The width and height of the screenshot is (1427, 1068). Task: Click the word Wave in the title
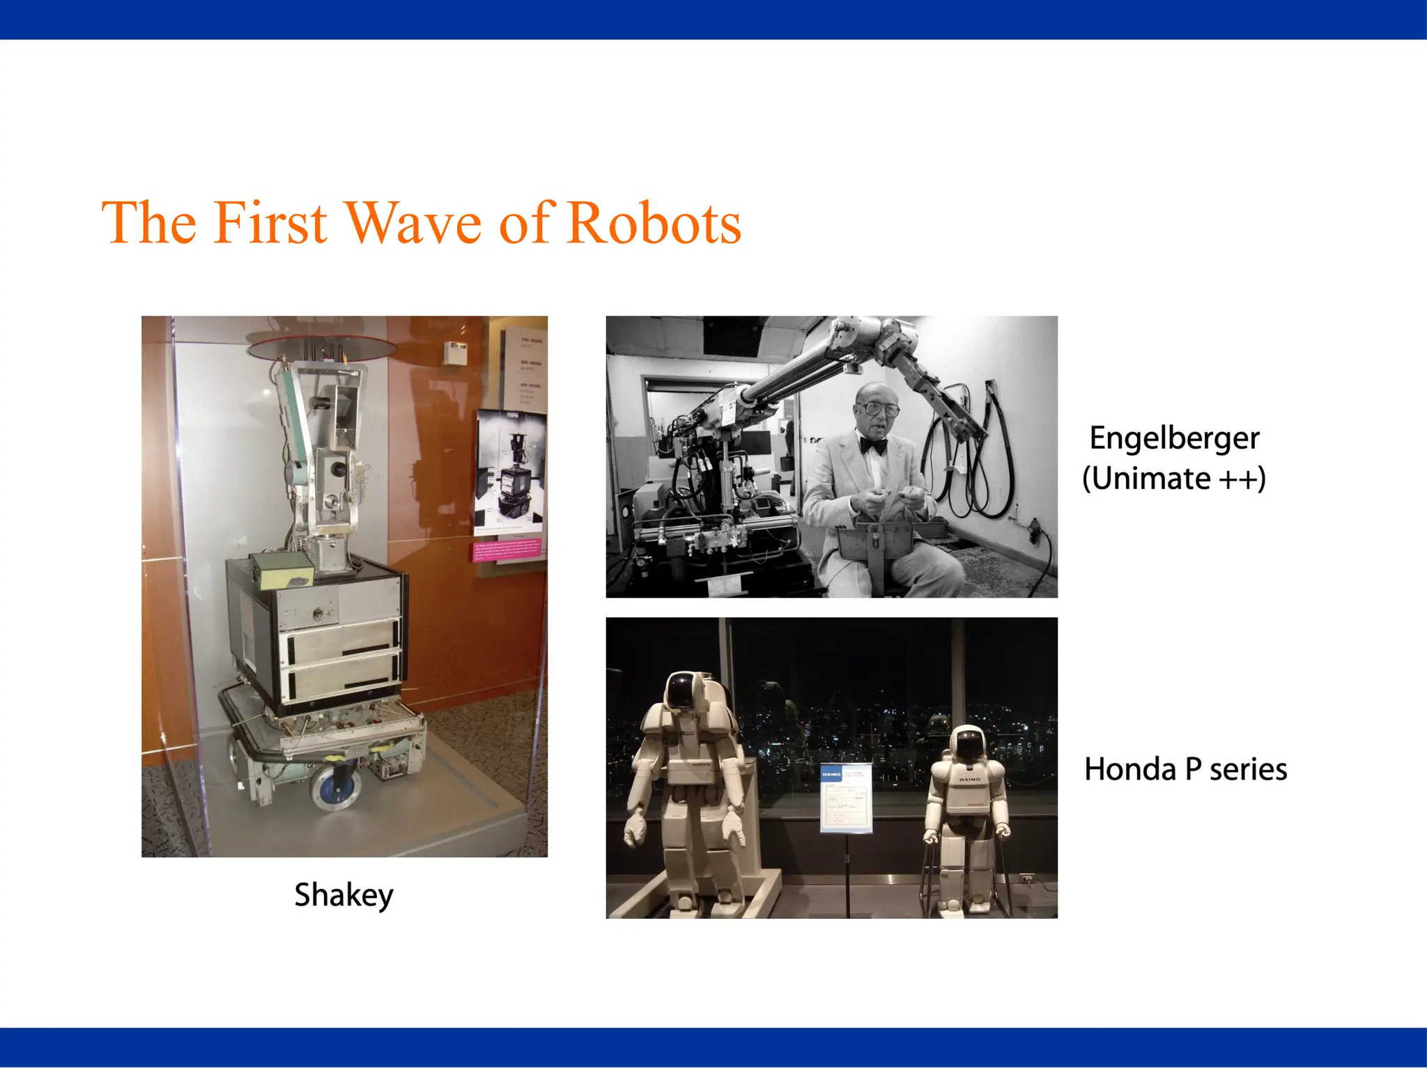pos(413,223)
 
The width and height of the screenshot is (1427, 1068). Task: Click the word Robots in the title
pos(654,223)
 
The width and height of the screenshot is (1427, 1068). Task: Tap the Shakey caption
pos(344,895)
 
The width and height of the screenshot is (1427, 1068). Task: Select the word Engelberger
pos(1174,439)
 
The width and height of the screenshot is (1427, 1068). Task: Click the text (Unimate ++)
pos(1174,479)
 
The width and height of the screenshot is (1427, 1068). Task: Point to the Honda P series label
pos(1185,770)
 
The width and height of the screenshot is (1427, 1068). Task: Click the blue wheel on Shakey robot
pos(337,785)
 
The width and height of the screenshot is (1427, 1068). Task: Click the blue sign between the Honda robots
pos(846,798)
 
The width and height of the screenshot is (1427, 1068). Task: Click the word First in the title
pos(270,223)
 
